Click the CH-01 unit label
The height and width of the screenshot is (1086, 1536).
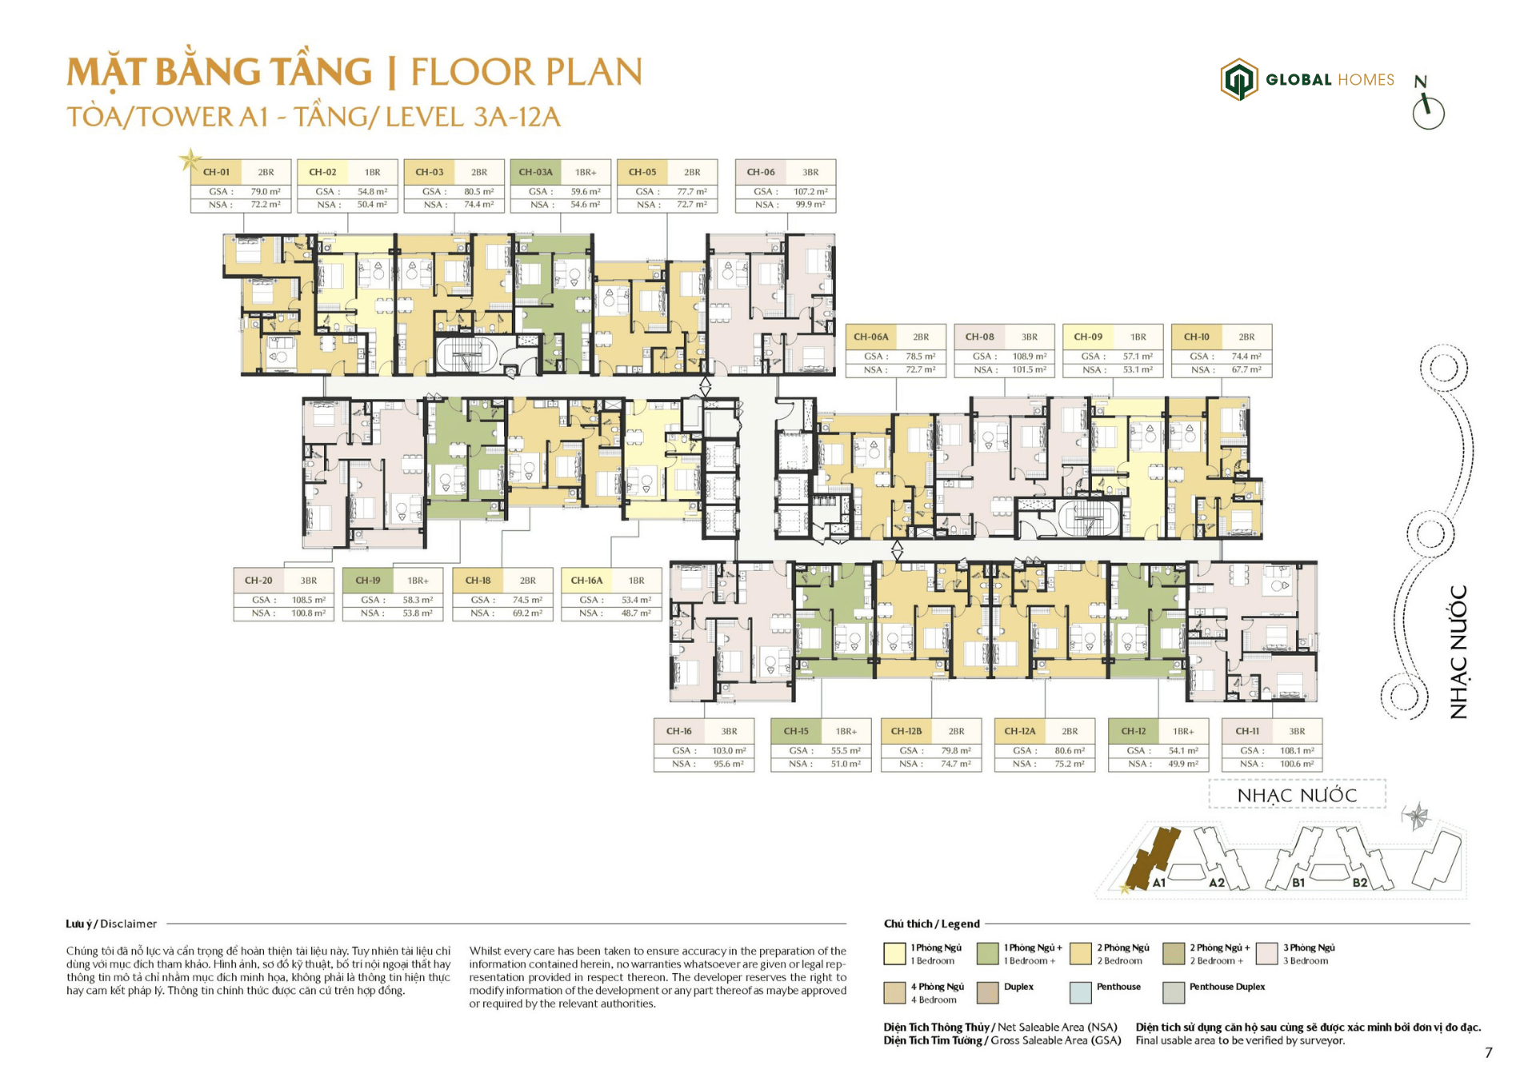click(x=216, y=172)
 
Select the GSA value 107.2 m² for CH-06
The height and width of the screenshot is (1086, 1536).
click(x=810, y=192)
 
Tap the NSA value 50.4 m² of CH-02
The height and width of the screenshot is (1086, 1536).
click(x=372, y=205)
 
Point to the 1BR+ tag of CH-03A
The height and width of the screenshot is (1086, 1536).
click(x=586, y=172)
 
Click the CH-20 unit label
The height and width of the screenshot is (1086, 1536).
click(x=258, y=581)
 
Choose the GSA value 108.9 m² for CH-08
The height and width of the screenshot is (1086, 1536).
click(x=1029, y=357)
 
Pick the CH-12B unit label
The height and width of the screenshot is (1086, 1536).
click(x=906, y=731)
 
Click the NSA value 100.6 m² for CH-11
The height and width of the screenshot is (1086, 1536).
click(x=1297, y=764)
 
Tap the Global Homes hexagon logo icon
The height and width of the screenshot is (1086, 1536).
click(x=1238, y=79)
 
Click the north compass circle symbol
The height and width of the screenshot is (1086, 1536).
click(x=1428, y=113)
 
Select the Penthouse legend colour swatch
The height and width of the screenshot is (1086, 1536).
click(x=1080, y=992)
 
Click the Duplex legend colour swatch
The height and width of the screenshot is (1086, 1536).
click(x=988, y=992)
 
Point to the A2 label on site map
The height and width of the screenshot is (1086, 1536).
click(x=1216, y=883)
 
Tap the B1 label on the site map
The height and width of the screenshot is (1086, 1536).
click(x=1298, y=883)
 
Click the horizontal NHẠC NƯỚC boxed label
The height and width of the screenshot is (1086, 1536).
click(x=1297, y=795)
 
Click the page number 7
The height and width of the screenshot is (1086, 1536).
click(x=1488, y=1052)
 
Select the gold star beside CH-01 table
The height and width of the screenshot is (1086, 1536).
click(x=190, y=160)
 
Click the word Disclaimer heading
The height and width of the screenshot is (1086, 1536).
click(x=128, y=924)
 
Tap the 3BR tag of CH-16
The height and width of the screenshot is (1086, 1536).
click(x=729, y=731)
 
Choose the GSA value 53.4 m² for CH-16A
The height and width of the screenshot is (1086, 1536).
click(x=636, y=600)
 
